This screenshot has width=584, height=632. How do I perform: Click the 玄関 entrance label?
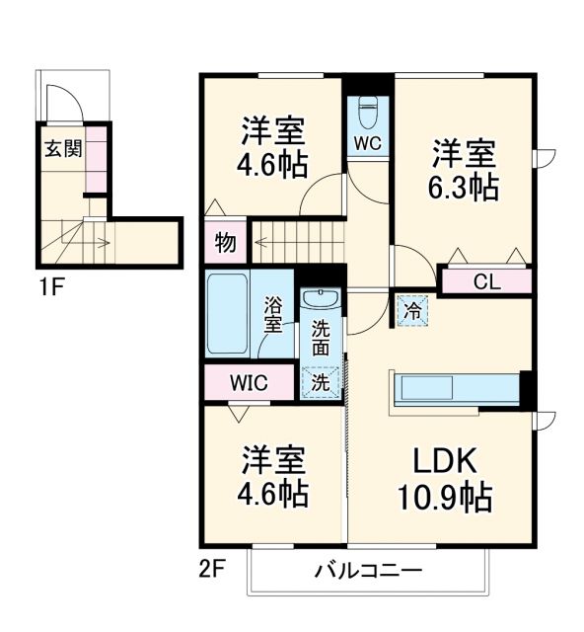point(62,150)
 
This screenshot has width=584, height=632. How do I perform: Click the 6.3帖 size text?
point(463,187)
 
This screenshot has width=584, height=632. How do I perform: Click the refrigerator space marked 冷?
point(411,310)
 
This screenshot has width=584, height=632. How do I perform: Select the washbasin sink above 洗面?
point(321,300)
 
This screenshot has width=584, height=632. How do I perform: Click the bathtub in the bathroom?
point(229,316)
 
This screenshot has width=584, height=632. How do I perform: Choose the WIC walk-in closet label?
point(249,383)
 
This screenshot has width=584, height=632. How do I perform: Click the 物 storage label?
point(225,243)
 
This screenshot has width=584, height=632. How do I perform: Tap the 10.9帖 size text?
point(445,497)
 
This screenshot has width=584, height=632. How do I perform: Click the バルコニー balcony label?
point(369,571)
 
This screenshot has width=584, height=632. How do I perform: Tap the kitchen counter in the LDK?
point(455,388)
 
